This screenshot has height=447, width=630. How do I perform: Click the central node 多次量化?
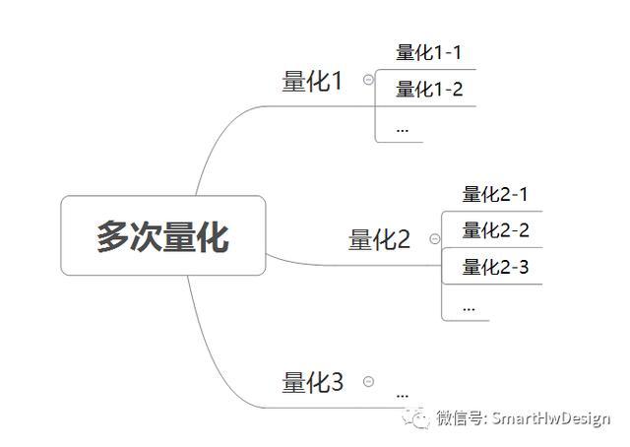click(163, 235)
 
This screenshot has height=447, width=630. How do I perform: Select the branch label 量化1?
click(312, 81)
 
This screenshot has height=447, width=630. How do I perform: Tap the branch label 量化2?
click(379, 239)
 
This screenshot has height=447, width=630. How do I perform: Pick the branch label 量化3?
click(313, 382)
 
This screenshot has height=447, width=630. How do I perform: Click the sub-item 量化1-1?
click(429, 52)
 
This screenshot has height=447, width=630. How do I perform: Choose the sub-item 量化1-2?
click(429, 89)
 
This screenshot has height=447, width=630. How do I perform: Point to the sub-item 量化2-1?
click(494, 194)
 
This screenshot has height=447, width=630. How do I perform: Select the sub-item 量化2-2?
click(495, 230)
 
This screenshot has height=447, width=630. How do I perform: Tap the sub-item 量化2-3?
click(495, 267)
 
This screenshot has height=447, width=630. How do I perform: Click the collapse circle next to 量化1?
click(368, 79)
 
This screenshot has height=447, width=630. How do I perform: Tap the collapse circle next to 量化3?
click(368, 381)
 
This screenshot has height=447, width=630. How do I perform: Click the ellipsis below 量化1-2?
click(403, 130)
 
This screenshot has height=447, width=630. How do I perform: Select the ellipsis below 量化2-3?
click(469, 309)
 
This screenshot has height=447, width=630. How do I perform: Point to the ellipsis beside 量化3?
click(403, 396)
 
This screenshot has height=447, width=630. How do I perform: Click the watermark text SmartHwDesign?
click(551, 418)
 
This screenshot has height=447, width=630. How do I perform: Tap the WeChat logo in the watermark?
click(415, 418)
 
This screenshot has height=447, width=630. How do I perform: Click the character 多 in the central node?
click(112, 236)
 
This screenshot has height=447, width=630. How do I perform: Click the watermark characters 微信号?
click(460, 418)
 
